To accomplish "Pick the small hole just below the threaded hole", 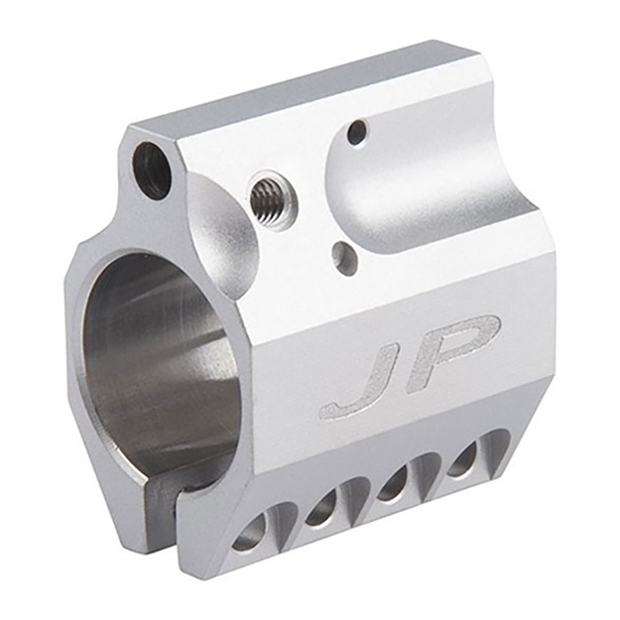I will [343, 256].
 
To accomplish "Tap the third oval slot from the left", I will [392, 482].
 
